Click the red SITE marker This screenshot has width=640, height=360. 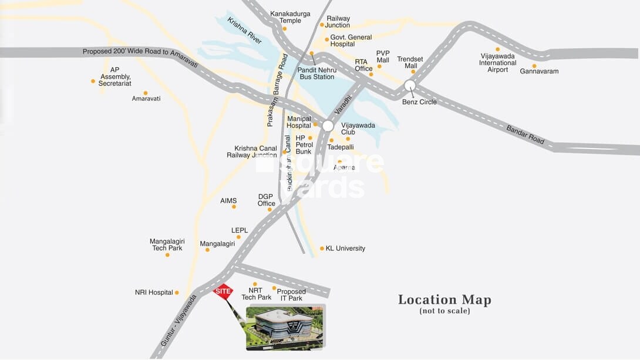click(x=223, y=291)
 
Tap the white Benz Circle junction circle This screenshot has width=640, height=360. click(x=410, y=86)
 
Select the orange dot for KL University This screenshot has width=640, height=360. click(x=322, y=248)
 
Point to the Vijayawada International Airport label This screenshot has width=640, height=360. click(x=497, y=63)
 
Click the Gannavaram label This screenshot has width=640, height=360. click(x=539, y=72)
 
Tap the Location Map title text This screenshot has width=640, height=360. click(x=444, y=300)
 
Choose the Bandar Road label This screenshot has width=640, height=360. click(x=526, y=134)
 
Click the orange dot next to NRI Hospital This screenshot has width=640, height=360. click(x=177, y=292)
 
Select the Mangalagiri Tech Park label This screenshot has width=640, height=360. click(x=167, y=244)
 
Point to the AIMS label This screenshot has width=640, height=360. click(x=228, y=201)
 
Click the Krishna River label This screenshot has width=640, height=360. click(x=244, y=31)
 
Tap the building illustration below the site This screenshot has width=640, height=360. click(x=285, y=327)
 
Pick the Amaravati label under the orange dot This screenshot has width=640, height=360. click(x=146, y=99)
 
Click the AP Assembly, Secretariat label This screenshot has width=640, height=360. click(x=115, y=76)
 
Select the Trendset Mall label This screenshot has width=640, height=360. click(x=410, y=62)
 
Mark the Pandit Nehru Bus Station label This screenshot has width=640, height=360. click(x=315, y=73)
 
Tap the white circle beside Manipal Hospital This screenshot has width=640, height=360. click(x=328, y=126)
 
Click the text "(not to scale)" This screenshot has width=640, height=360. click(x=444, y=311)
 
